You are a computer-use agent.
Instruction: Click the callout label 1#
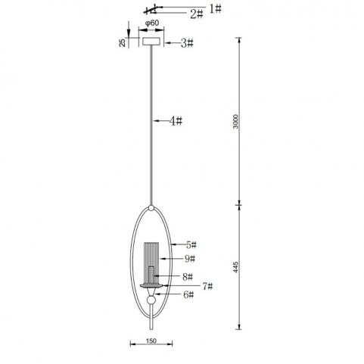point(216,9)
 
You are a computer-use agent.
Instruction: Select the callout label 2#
point(197,14)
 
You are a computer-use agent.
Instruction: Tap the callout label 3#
point(187,43)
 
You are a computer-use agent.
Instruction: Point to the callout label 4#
point(176,121)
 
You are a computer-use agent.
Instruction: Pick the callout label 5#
point(191,245)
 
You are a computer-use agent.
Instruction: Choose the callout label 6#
point(188,294)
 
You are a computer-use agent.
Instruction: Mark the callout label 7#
point(207,286)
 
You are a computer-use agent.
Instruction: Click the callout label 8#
point(188,277)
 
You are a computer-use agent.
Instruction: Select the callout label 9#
point(190,259)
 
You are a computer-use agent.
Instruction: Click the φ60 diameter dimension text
point(152,23)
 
